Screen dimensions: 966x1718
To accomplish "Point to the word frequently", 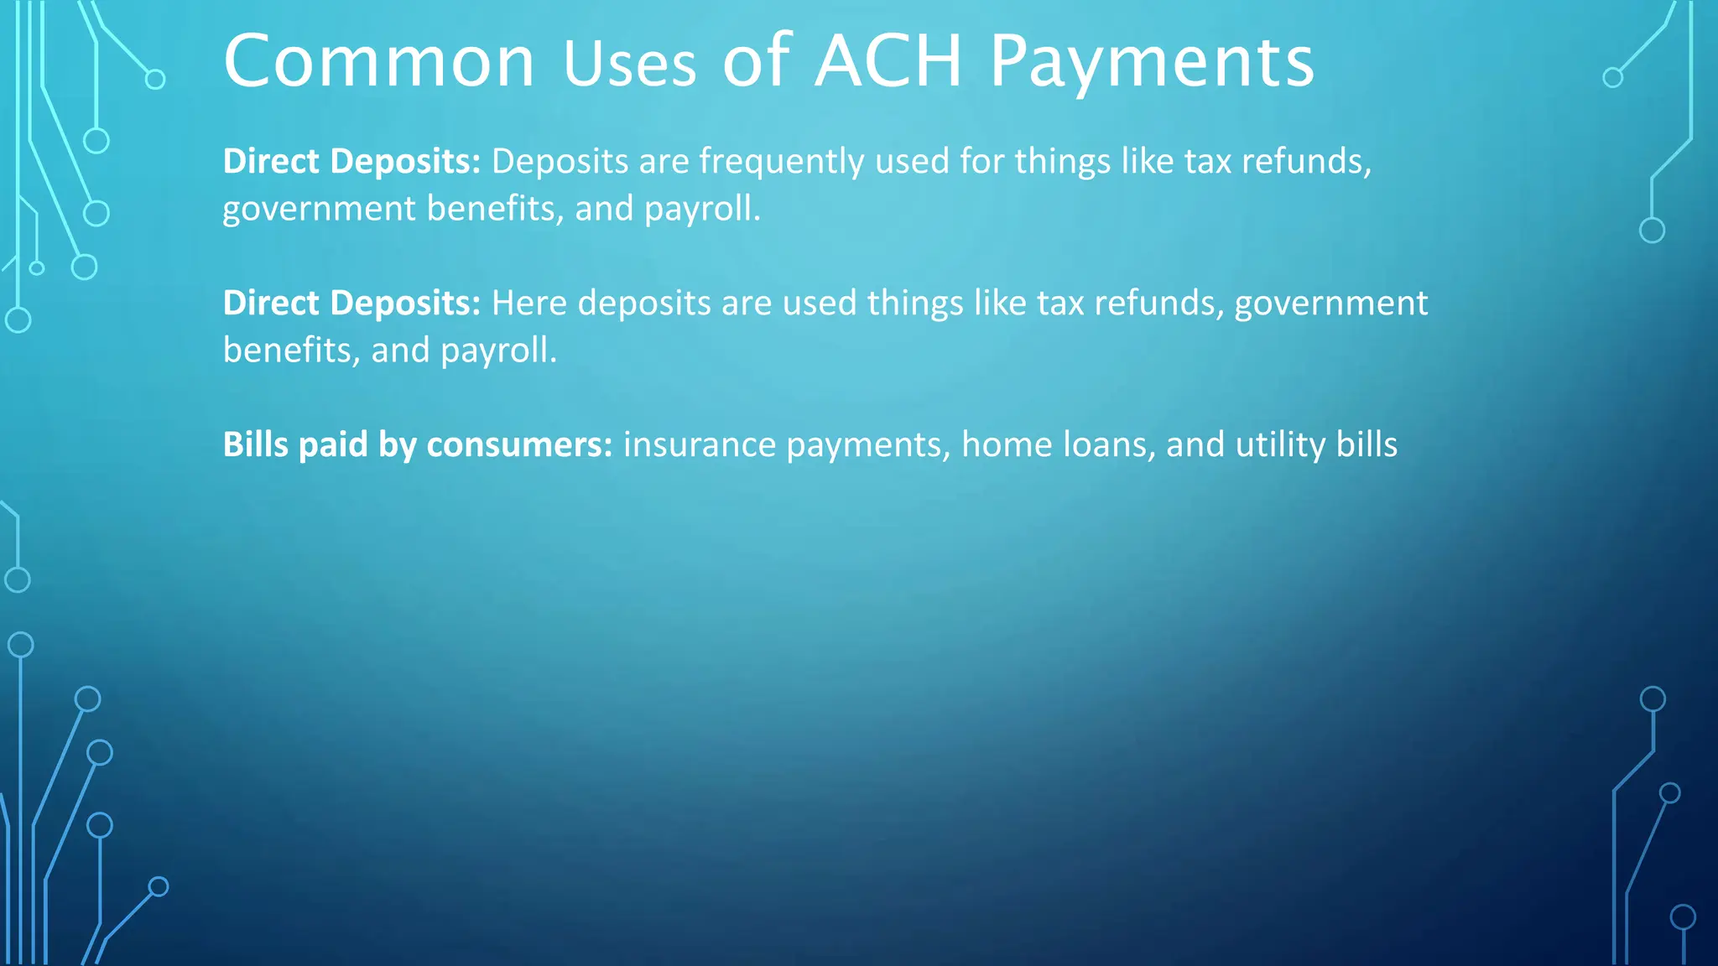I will click(x=781, y=161).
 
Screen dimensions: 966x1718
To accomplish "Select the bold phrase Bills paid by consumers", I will click(x=418, y=444).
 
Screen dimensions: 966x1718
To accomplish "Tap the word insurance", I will click(x=700, y=444).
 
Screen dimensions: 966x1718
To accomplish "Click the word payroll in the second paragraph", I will click(x=497, y=351).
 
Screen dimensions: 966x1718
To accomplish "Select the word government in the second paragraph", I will click(x=1330, y=303).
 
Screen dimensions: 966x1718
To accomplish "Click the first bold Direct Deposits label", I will click(x=351, y=161).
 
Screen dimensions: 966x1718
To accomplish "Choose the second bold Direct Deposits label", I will click(x=351, y=303).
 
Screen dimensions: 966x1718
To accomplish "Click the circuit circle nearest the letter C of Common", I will click(x=155, y=80).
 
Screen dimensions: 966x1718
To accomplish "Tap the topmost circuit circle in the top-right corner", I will click(x=1612, y=78).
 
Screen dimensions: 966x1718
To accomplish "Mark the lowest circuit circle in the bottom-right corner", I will click(x=1683, y=917).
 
